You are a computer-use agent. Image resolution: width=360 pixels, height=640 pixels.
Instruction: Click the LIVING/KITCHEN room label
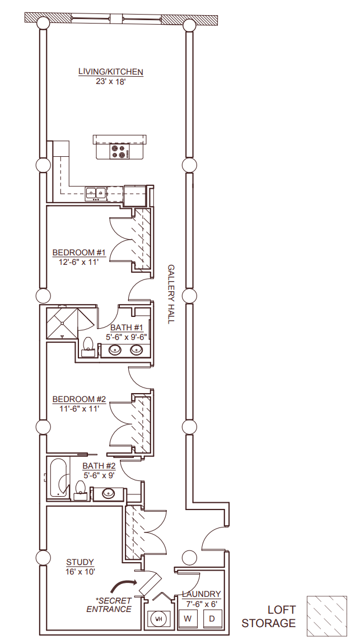click(x=111, y=72)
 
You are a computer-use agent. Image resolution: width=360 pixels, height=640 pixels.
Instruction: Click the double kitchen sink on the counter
click(x=96, y=193)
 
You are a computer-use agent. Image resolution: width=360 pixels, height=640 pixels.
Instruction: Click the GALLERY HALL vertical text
click(x=171, y=293)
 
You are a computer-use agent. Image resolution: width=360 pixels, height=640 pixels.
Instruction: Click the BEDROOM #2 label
click(x=79, y=399)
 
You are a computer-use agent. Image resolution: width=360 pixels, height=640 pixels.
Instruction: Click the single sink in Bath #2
click(x=107, y=494)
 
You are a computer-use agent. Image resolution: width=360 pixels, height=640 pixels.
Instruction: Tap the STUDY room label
click(x=80, y=562)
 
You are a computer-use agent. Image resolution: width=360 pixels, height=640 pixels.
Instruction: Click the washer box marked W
click(x=189, y=619)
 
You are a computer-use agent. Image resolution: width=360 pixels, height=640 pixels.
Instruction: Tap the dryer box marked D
click(x=212, y=619)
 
